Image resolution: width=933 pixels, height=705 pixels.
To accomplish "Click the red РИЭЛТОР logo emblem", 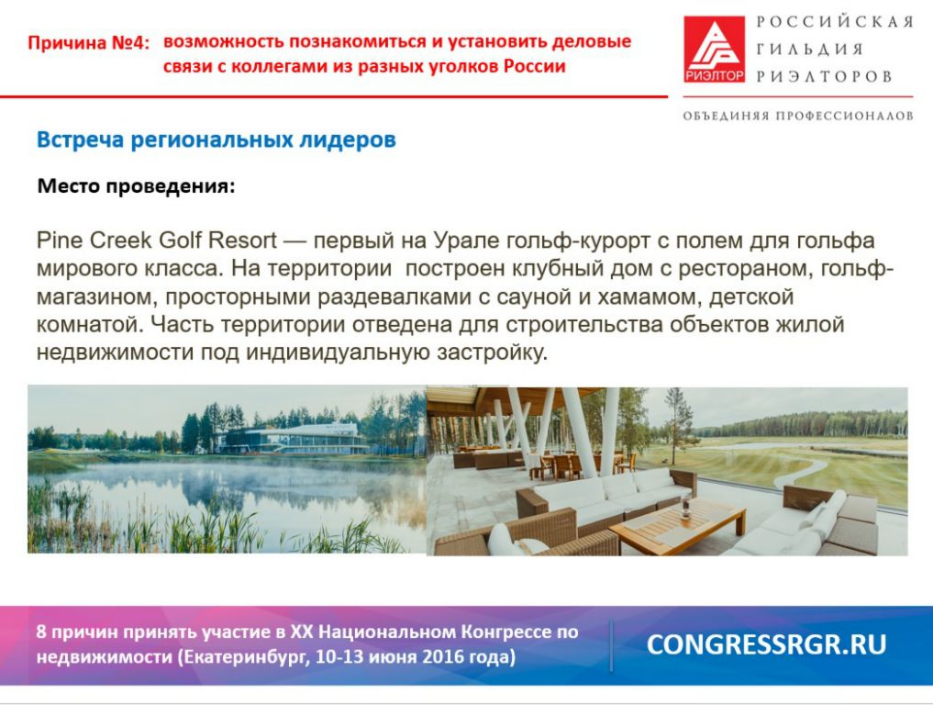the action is point(714,49).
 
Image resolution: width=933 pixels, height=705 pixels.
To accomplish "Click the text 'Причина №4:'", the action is point(89,43).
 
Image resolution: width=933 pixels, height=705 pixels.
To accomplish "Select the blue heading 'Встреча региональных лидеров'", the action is point(216,140).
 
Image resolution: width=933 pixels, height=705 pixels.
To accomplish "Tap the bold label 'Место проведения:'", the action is point(137,185).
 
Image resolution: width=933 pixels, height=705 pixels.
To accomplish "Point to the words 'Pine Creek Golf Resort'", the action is point(157,240).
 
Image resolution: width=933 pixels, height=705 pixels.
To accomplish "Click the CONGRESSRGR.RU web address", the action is point(766,644).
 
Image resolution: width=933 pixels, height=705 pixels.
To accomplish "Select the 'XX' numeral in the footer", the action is point(301,632).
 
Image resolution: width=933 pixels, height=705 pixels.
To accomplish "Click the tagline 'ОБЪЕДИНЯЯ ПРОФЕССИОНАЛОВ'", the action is point(798,116).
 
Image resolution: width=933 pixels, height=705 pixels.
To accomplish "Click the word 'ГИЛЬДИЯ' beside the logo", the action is point(810,49).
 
